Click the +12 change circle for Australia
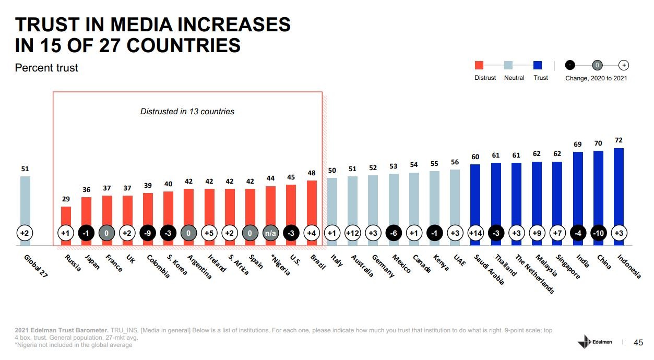coord(352,233)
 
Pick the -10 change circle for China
coord(598,233)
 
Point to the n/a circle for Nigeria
coord(270,233)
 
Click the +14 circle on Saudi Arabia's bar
coord(475,233)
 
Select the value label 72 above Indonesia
coord(619,141)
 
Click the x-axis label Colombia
coord(158,266)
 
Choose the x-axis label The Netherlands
coord(534,274)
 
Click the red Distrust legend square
coord(479,65)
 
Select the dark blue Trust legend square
coord(538,65)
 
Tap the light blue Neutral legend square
coord(508,65)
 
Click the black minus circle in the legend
coord(570,65)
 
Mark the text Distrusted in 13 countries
coord(187,111)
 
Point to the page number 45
coord(638,342)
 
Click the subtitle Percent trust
coord(46,68)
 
